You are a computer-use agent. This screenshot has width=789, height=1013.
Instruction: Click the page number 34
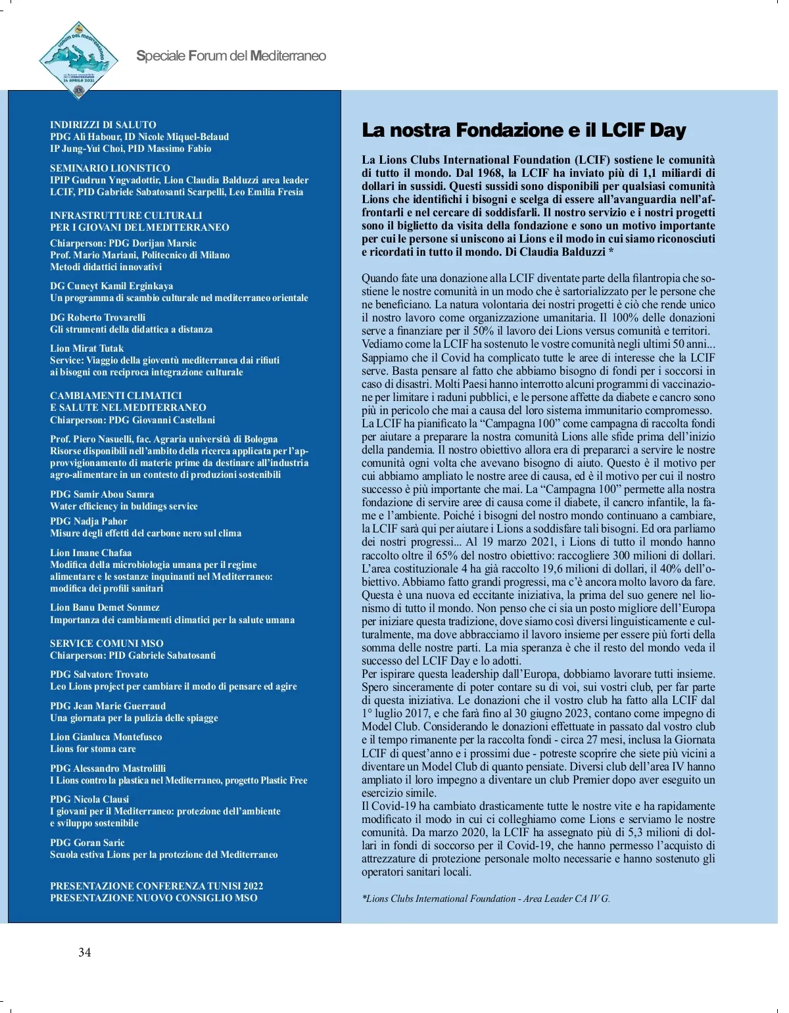tap(85, 953)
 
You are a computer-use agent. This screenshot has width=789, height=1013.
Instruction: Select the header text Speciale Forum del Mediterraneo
tap(231, 56)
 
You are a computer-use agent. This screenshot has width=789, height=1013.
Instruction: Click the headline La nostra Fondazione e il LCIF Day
tap(523, 130)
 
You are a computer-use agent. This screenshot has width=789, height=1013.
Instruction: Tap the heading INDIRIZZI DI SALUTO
tap(103, 125)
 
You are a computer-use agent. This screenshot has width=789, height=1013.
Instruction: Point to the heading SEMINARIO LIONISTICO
tap(110, 168)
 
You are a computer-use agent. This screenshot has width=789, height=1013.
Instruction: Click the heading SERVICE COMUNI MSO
tap(107, 644)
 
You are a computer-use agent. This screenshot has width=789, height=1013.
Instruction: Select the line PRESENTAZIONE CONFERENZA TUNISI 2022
tap(156, 886)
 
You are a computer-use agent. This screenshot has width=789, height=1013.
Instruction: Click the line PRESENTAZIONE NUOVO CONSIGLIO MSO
tap(154, 898)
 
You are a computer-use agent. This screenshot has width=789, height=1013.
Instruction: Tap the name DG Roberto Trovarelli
tap(98, 318)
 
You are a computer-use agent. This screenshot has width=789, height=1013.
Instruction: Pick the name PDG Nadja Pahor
tap(89, 521)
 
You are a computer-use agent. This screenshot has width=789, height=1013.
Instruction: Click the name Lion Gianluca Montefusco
tap(106, 737)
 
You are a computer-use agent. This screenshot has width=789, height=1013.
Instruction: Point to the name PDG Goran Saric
tap(87, 843)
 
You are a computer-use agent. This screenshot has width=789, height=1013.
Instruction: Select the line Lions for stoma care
tap(93, 749)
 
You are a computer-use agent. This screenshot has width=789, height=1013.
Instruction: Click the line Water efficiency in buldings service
tap(124, 506)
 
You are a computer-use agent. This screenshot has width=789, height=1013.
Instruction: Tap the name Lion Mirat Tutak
tap(87, 348)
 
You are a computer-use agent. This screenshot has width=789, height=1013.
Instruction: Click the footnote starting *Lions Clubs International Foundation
tap(486, 899)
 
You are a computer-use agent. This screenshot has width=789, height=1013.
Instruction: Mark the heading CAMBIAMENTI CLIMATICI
tap(116, 396)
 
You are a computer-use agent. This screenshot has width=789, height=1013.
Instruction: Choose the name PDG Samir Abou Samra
tap(102, 494)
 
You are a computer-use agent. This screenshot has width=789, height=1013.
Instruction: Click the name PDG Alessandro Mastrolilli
tap(108, 768)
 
